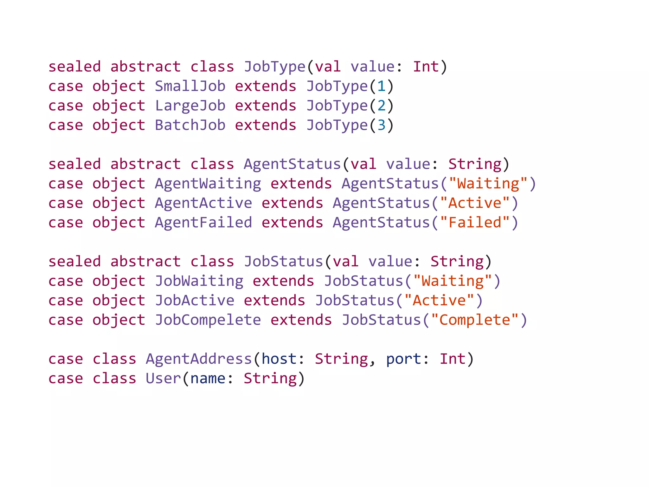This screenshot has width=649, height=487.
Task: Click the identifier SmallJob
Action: pos(190,86)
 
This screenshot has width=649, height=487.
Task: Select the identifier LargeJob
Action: pos(190,106)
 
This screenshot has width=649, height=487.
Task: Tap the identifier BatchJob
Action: pos(190,125)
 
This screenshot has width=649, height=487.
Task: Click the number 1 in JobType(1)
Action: pos(381,86)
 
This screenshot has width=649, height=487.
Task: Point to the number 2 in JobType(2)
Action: pos(381,106)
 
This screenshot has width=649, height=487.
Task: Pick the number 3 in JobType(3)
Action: pos(381,125)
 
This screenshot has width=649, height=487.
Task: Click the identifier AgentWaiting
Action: pos(208,184)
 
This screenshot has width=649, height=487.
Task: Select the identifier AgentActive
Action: pos(203,203)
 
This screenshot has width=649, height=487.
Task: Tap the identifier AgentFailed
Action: pos(203,223)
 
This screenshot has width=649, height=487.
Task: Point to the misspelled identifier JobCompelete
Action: pos(208,320)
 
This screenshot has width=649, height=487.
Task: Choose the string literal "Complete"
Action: pos(474,320)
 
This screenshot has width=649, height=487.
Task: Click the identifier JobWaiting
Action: pos(199,281)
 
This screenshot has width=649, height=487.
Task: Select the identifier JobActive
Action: pos(195,301)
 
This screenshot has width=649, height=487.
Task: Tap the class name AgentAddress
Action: pos(199,359)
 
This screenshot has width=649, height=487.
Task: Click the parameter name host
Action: pos(279,359)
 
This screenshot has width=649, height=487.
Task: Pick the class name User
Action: pos(163,379)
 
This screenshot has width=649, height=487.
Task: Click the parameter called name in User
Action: pos(208,379)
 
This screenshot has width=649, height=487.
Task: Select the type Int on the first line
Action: pos(426,67)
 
